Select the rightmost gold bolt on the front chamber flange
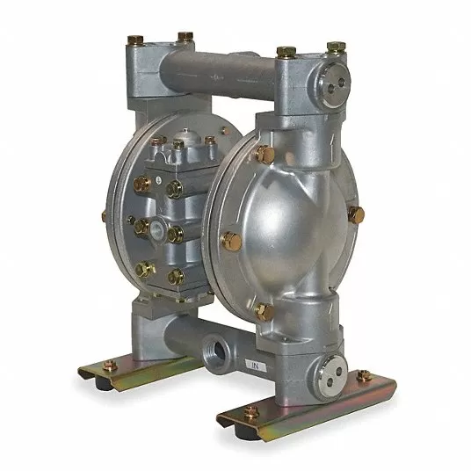coord(355,214)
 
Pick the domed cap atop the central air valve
coord(179,143)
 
